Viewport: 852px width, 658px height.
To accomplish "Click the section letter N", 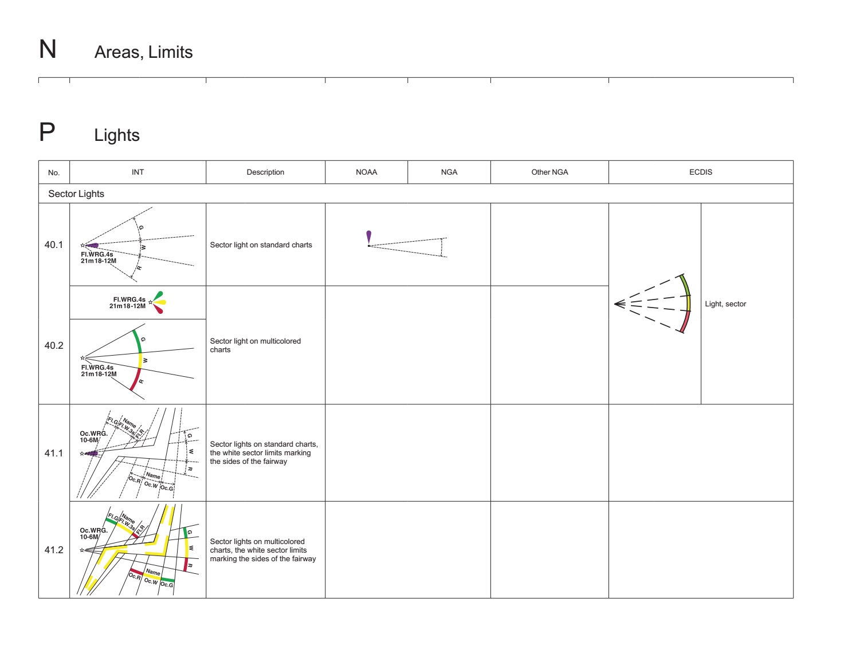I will (x=48, y=49).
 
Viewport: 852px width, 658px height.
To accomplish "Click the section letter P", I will (x=47, y=132).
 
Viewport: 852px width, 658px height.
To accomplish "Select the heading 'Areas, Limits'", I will (x=143, y=52).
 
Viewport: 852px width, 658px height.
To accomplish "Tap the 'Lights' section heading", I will (x=117, y=135).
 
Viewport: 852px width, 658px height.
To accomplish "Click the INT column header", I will (x=138, y=172).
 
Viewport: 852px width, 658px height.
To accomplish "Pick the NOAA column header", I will (x=366, y=172).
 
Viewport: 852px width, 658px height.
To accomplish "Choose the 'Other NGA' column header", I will (x=549, y=172).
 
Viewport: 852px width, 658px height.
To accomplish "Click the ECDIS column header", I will (x=700, y=172).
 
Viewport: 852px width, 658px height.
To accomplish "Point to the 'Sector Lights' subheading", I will (x=76, y=194).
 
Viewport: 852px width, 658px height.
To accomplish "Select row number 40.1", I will (x=54, y=245).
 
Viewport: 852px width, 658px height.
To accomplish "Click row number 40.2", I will (x=54, y=345).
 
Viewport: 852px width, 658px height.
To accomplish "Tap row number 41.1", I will (x=54, y=453).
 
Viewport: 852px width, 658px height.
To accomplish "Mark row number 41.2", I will (x=54, y=550).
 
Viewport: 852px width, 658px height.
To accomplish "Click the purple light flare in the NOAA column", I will (x=368, y=237).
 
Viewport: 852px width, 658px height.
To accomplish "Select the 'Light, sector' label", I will (x=725, y=304).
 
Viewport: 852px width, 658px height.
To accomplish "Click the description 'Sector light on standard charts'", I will (x=261, y=245).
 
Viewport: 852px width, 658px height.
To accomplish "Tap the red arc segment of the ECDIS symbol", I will (x=685, y=322).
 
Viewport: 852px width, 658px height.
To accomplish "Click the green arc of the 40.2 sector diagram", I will (x=138, y=341).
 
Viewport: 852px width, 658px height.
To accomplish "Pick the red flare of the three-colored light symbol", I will (x=158, y=309).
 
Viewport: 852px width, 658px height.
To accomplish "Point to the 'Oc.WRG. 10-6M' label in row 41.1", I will (x=93, y=437).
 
